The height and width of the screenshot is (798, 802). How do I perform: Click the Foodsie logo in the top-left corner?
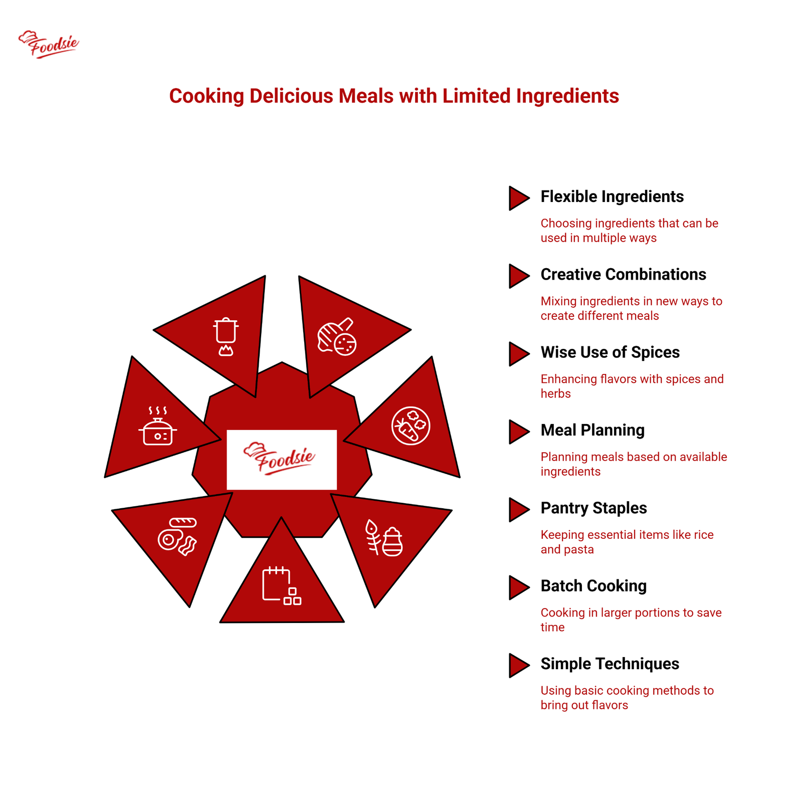click(49, 44)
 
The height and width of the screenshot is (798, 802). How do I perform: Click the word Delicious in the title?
click(291, 96)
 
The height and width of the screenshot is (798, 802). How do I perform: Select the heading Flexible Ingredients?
click(612, 196)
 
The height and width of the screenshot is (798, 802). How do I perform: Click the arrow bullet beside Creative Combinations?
click(519, 276)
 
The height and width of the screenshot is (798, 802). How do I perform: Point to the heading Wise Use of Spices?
click(610, 352)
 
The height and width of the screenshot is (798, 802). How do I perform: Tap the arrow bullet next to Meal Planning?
click(519, 432)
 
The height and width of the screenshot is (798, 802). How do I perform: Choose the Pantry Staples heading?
click(593, 508)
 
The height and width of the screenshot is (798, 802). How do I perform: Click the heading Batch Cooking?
click(593, 586)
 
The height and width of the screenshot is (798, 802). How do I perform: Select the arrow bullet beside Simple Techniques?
click(519, 665)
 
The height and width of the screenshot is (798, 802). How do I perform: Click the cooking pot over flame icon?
click(226, 336)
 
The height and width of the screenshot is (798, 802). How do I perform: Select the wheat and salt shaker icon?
click(384, 538)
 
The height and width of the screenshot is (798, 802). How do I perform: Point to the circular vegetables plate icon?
click(411, 426)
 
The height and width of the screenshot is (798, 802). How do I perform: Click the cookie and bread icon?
click(337, 337)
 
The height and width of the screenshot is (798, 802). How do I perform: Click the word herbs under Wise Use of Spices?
click(555, 393)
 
